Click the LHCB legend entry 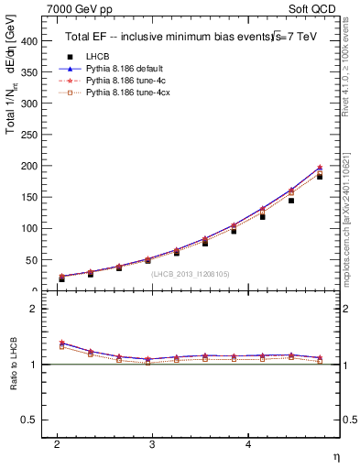point(97,57)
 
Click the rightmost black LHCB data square point(320,176)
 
